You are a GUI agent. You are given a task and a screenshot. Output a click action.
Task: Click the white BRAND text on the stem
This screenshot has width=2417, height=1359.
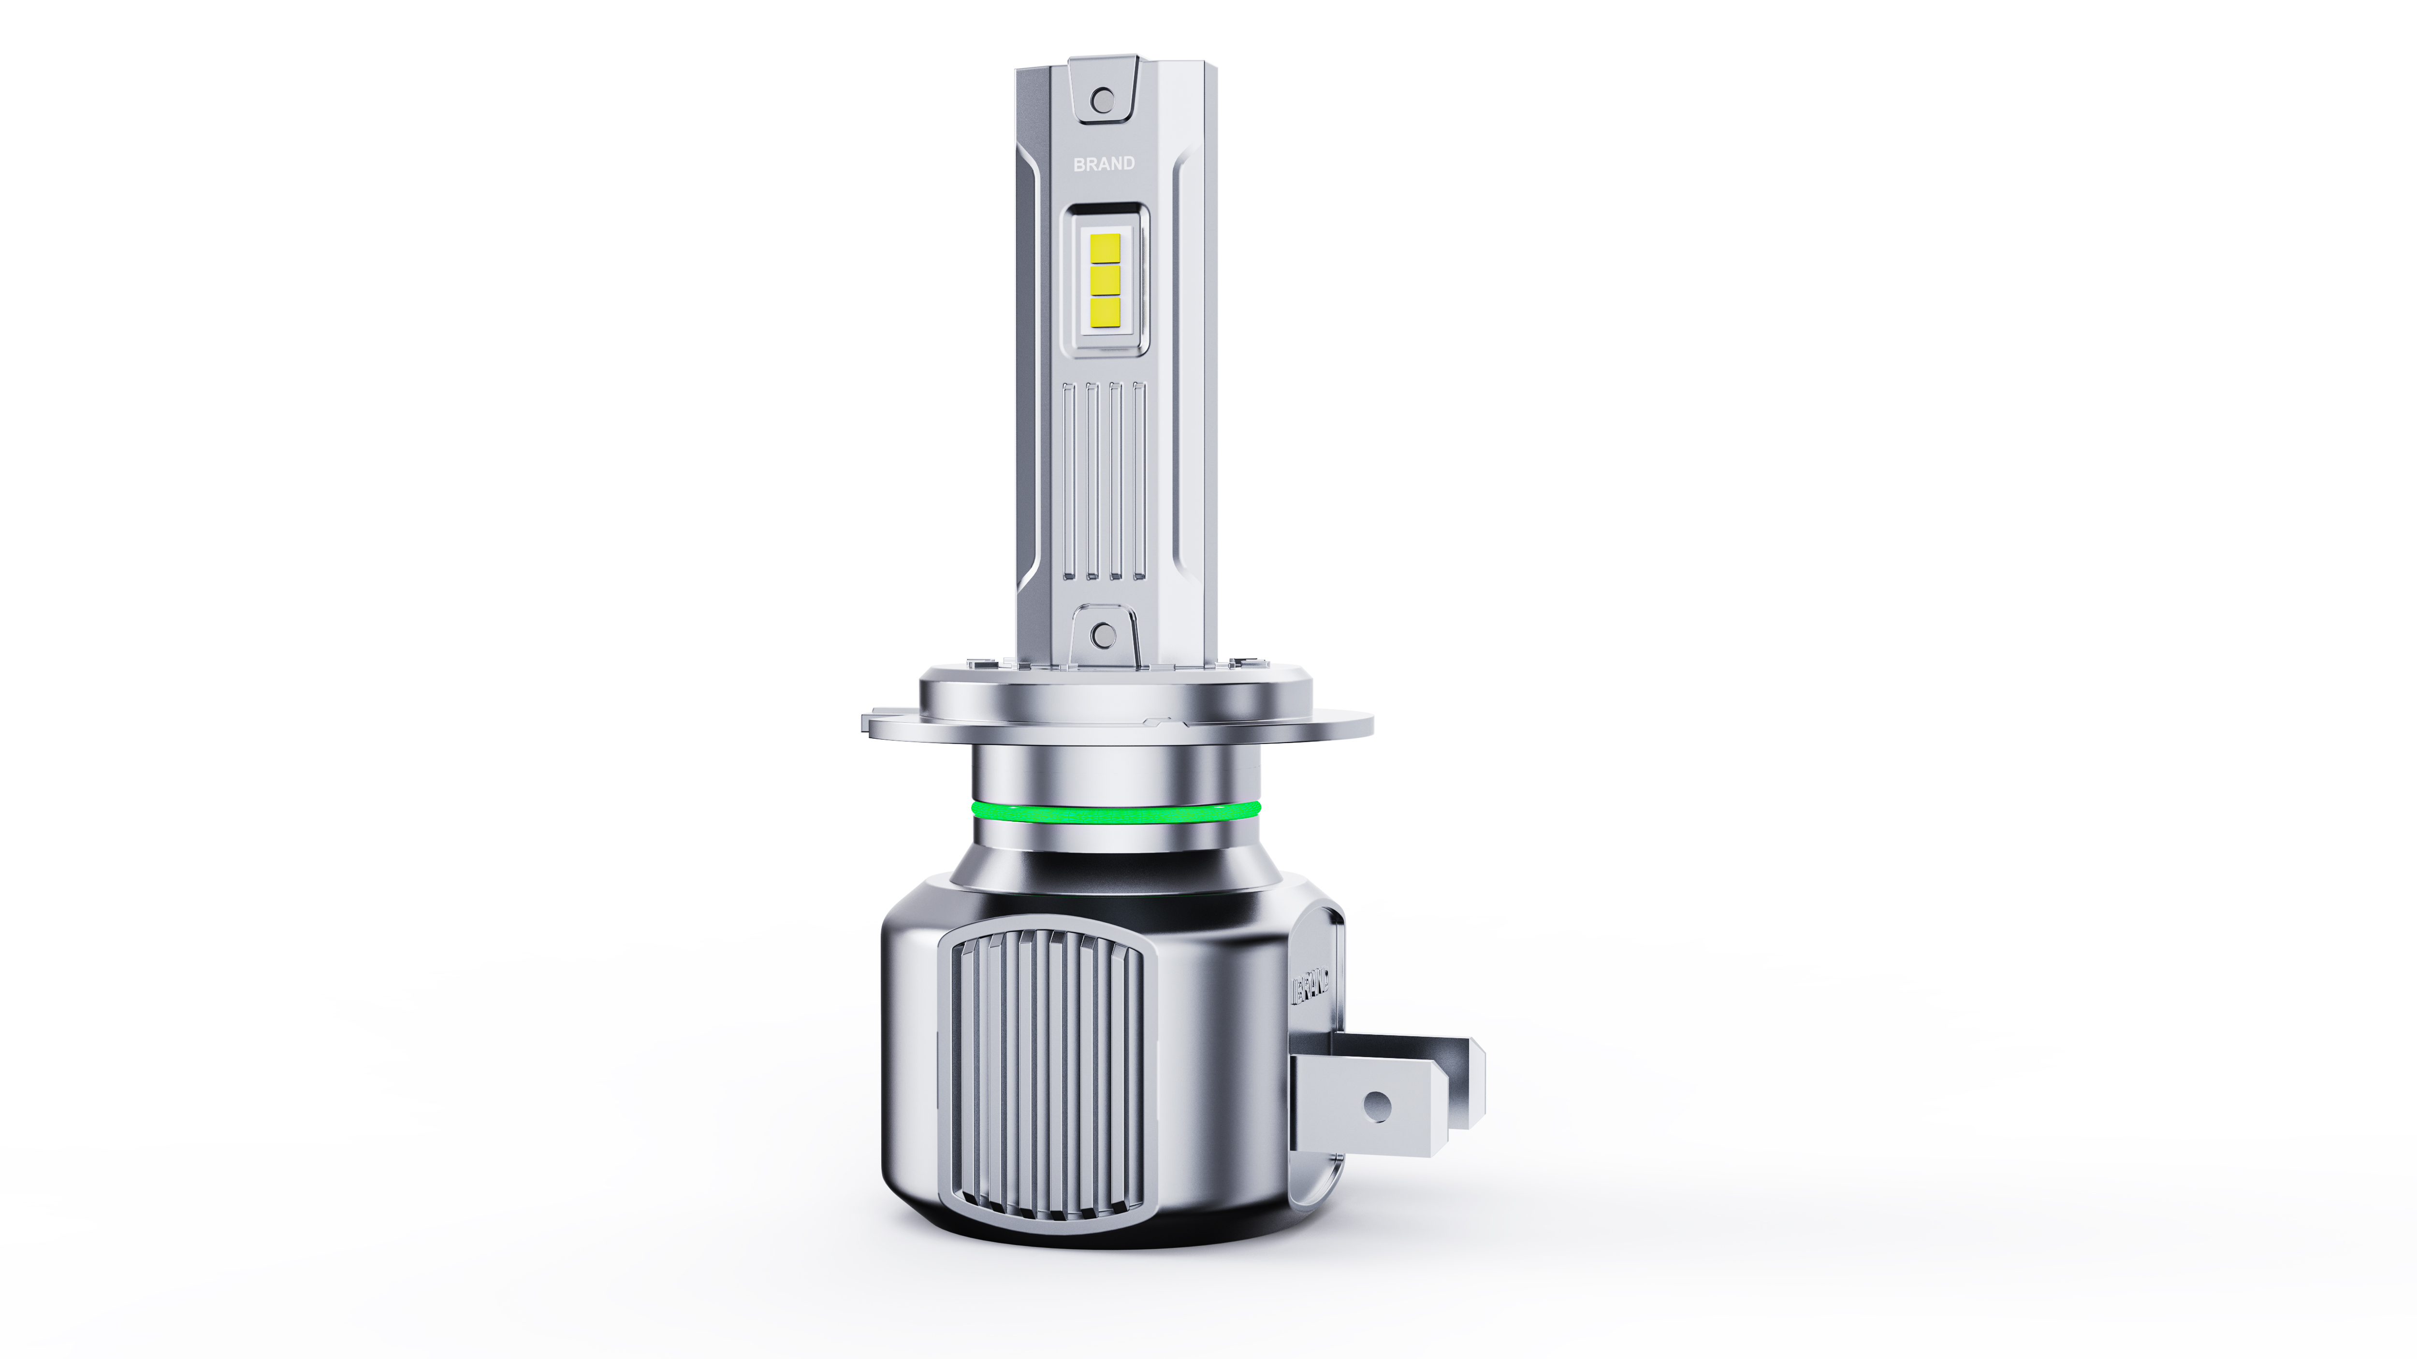pyautogui.click(x=1104, y=163)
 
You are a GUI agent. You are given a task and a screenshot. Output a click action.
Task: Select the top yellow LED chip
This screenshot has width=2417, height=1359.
pyautogui.click(x=1105, y=248)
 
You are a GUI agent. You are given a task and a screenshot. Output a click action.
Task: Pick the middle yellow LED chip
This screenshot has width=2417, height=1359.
pyautogui.click(x=1105, y=279)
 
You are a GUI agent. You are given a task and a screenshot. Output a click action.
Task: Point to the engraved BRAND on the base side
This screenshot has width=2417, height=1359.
pyautogui.click(x=1311, y=987)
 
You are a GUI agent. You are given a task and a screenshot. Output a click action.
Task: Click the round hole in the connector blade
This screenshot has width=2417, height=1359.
pyautogui.click(x=1376, y=1107)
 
